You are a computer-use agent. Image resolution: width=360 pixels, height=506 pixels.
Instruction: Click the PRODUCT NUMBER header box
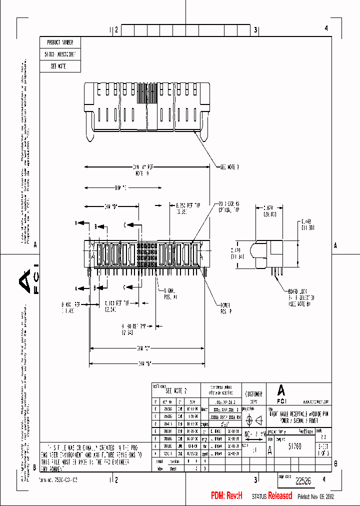60,42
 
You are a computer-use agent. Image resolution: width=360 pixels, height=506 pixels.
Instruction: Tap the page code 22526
303,481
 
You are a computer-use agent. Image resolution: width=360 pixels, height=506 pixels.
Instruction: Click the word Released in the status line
280,495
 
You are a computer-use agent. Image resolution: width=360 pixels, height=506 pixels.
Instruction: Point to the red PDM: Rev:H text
226,495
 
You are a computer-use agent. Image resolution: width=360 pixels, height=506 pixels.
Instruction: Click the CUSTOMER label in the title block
255,393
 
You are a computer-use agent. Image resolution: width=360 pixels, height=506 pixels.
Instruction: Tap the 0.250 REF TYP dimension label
188,205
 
